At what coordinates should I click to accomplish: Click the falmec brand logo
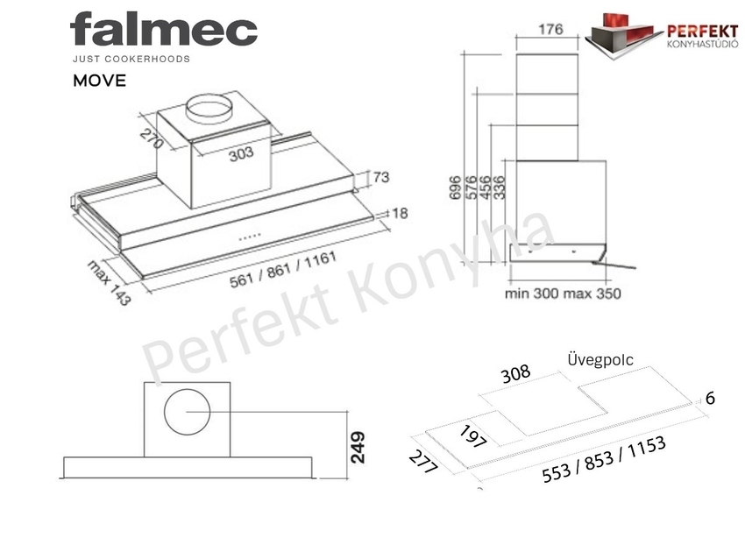(x=163, y=30)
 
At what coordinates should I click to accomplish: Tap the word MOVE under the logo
(x=99, y=81)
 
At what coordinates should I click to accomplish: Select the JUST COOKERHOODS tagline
(x=131, y=59)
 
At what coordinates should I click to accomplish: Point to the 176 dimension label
(x=550, y=30)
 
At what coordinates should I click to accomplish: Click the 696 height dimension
(x=455, y=188)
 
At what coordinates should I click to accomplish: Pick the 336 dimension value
(x=499, y=188)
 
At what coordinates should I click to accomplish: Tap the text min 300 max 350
(x=563, y=293)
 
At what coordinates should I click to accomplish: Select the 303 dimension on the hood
(x=241, y=154)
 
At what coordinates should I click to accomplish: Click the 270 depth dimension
(x=152, y=138)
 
